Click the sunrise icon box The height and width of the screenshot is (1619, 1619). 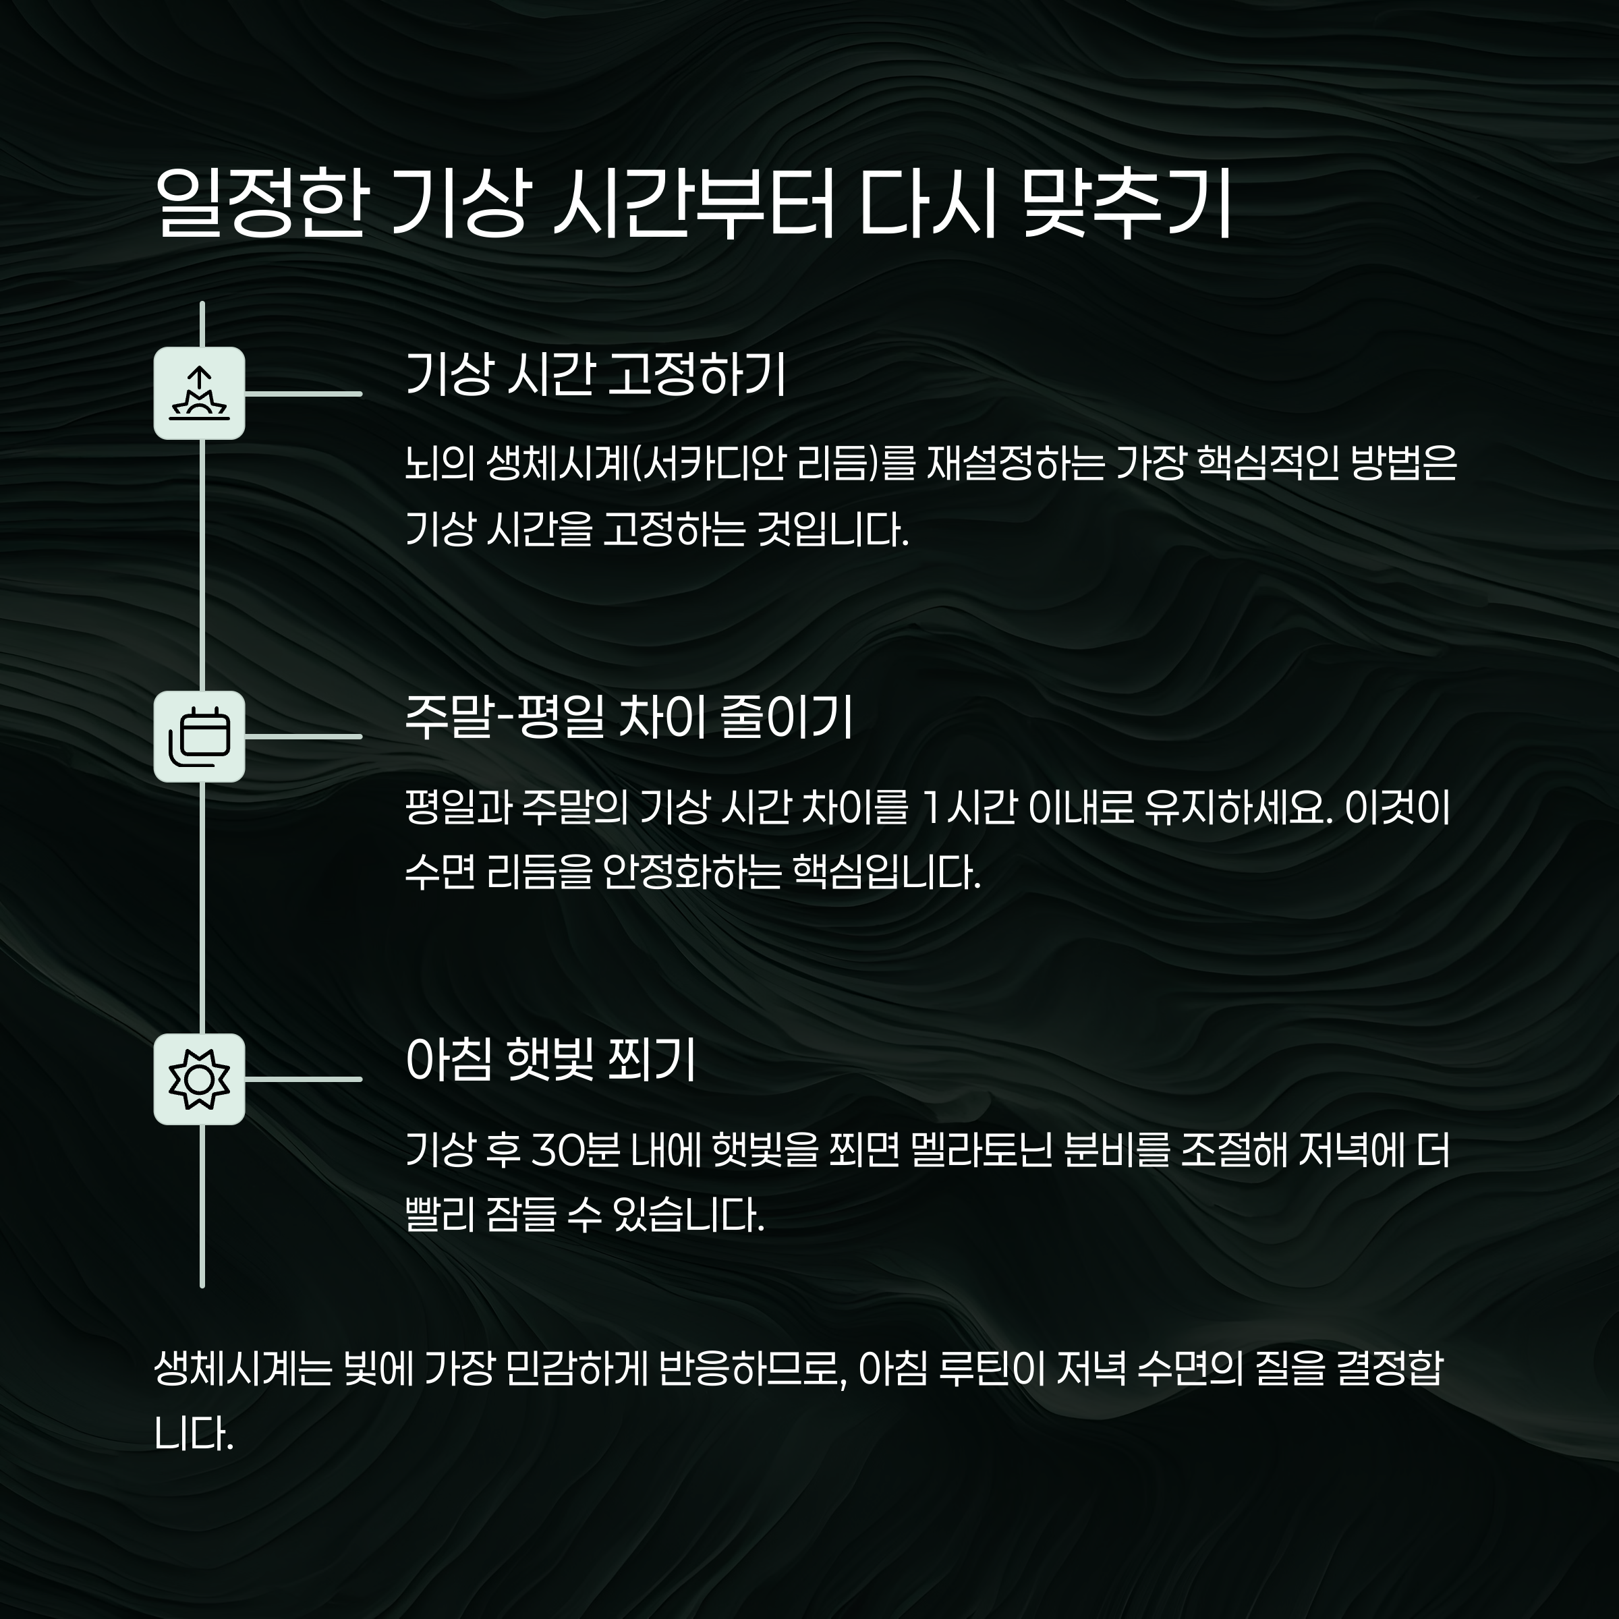point(200,393)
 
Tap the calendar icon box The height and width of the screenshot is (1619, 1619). point(200,737)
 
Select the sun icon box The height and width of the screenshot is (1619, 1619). point(200,1079)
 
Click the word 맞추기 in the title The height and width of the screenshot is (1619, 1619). point(1128,205)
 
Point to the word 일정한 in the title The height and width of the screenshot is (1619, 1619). point(260,205)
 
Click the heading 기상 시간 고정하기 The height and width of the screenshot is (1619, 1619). point(595,374)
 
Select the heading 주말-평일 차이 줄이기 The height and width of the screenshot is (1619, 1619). point(629,718)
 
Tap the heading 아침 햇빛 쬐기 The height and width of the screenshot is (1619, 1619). point(550,1061)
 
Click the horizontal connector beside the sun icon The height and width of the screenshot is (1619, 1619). point(304,1079)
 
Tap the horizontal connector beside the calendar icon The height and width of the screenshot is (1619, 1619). point(304,737)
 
